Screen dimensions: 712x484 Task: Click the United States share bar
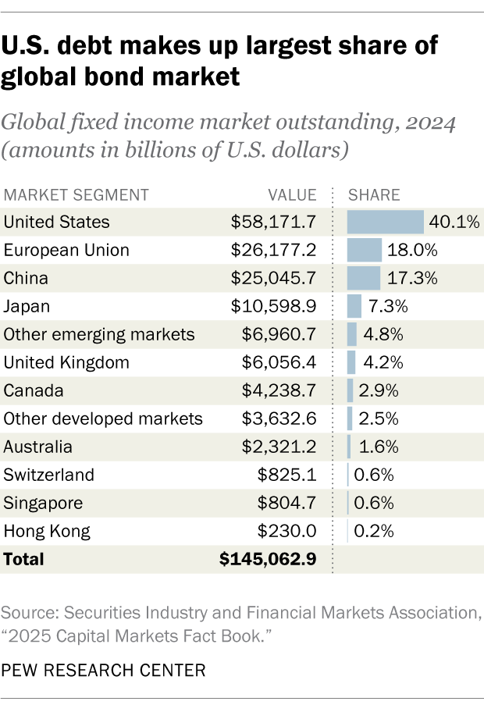[x=386, y=222]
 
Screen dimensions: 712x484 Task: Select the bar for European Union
[x=365, y=251]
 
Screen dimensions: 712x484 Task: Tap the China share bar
[x=364, y=279]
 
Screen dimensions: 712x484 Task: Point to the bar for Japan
[x=354, y=307]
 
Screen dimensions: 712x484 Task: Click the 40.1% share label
[x=454, y=222]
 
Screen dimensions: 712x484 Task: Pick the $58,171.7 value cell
[x=273, y=222]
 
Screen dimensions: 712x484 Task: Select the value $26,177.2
[x=273, y=251]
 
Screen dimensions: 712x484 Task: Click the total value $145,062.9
[x=268, y=560]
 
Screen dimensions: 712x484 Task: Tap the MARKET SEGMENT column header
[x=76, y=195]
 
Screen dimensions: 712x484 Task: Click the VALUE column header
[x=292, y=195]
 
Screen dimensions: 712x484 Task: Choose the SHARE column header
[x=374, y=195]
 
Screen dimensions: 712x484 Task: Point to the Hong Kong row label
[x=47, y=532]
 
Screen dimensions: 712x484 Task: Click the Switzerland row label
[x=48, y=475]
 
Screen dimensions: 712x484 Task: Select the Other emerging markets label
[x=99, y=335]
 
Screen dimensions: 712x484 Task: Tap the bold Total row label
[x=24, y=560]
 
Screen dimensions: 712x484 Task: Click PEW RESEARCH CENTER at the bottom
[x=104, y=670]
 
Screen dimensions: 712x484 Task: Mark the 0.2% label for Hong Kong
[x=373, y=532]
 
